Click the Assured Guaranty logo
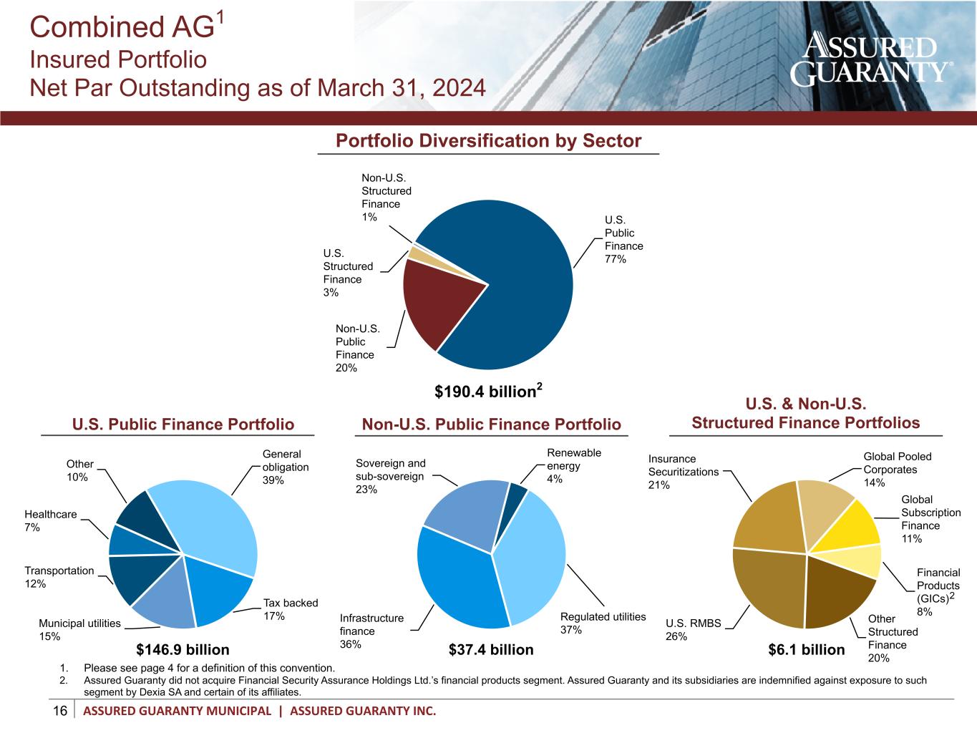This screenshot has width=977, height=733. [x=870, y=59]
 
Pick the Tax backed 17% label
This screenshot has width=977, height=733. [x=291, y=609]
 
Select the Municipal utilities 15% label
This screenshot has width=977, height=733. [x=79, y=629]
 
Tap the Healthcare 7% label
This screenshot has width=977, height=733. [x=50, y=520]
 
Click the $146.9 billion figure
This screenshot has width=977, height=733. [x=183, y=649]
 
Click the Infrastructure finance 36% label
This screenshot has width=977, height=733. [x=371, y=631]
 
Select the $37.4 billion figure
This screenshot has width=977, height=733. [x=491, y=649]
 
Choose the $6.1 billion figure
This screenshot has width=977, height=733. [x=806, y=649]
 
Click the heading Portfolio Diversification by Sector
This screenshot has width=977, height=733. [x=488, y=140]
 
